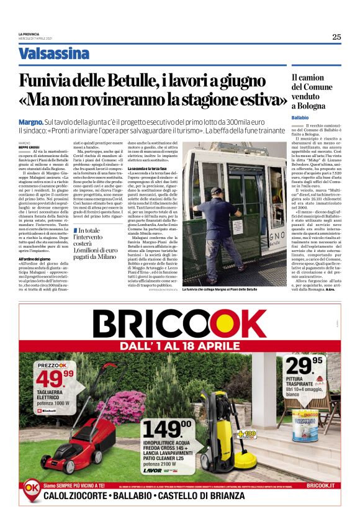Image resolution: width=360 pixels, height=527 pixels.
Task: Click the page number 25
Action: [336, 37]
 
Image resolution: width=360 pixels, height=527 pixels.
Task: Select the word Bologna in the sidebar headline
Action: [312, 107]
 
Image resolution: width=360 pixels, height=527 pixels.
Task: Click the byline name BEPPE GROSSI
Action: [29, 146]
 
